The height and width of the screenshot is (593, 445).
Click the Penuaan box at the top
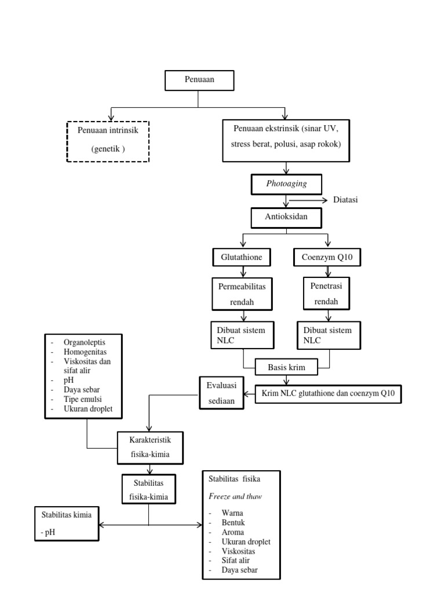pyautogui.click(x=199, y=80)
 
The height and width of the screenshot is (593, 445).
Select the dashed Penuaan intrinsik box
pyautogui.click(x=108, y=141)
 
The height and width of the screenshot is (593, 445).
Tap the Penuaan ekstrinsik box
pyautogui.click(x=286, y=140)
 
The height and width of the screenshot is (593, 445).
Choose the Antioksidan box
pyautogui.click(x=286, y=217)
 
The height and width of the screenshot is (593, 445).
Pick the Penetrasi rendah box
pyautogui.click(x=329, y=294)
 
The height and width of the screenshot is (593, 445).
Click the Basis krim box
pyautogui.click(x=286, y=367)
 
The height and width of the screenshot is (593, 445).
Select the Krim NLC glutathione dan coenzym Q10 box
pyautogui.click(x=328, y=394)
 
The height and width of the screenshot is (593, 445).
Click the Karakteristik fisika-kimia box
pyautogui.click(x=150, y=447)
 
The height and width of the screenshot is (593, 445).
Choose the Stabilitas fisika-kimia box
pyautogui.click(x=149, y=489)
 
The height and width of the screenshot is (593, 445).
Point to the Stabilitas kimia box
pyautogui.click(x=67, y=524)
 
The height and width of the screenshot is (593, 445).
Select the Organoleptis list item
pyautogui.click(x=85, y=343)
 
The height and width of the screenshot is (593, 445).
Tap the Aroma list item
pyautogui.click(x=232, y=532)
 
